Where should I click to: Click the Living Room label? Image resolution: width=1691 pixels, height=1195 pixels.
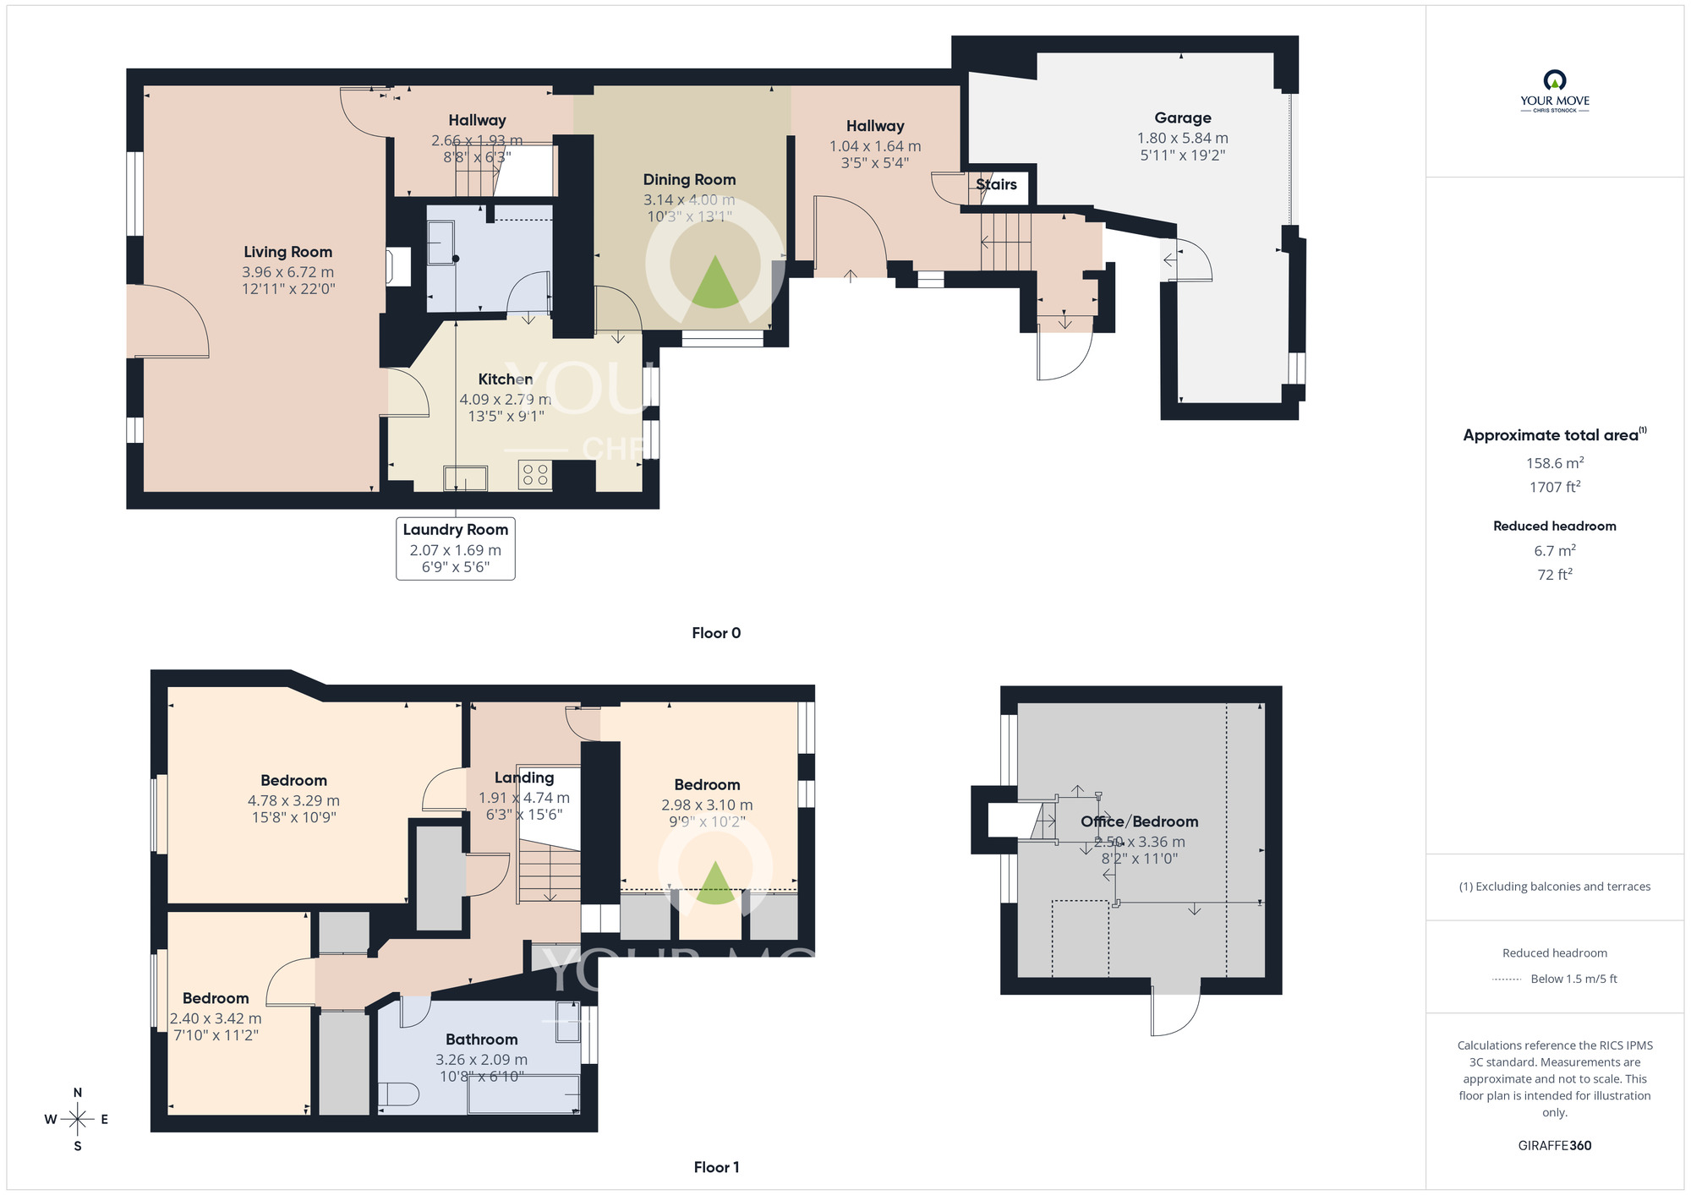[287, 252]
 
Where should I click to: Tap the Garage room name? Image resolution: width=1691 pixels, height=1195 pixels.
[1182, 118]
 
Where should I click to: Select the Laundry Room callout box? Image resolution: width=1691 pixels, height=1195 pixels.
[455, 548]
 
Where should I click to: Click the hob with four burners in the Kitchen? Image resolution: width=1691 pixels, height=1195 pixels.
[535, 474]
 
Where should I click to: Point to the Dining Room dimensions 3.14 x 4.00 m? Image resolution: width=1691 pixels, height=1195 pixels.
[688, 200]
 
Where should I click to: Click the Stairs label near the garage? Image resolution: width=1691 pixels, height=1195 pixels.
[996, 184]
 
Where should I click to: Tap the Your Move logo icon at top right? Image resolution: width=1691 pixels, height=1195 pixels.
[1554, 81]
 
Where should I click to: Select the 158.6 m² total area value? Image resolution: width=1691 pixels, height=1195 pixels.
[1554, 463]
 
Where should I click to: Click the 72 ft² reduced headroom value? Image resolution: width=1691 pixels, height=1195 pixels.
[1554, 575]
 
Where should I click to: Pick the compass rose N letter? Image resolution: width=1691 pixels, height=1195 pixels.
[78, 1093]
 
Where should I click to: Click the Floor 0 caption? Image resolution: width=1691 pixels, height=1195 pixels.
[716, 633]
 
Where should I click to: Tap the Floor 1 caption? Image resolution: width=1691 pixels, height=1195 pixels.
[716, 1167]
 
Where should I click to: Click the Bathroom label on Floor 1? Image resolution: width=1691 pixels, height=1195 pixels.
[481, 1039]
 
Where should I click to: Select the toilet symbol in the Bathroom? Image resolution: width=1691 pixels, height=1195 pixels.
[398, 1094]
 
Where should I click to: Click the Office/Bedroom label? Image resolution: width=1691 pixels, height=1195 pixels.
[1139, 821]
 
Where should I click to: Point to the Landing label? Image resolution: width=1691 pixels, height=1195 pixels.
[524, 778]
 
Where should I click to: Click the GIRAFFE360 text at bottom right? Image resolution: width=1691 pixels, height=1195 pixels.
[1554, 1146]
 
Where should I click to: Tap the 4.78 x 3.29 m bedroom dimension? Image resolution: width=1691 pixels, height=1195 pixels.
[293, 801]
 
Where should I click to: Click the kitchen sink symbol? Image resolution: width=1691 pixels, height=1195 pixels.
[466, 478]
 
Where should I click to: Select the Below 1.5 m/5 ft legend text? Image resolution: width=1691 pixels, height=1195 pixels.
[1573, 979]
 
